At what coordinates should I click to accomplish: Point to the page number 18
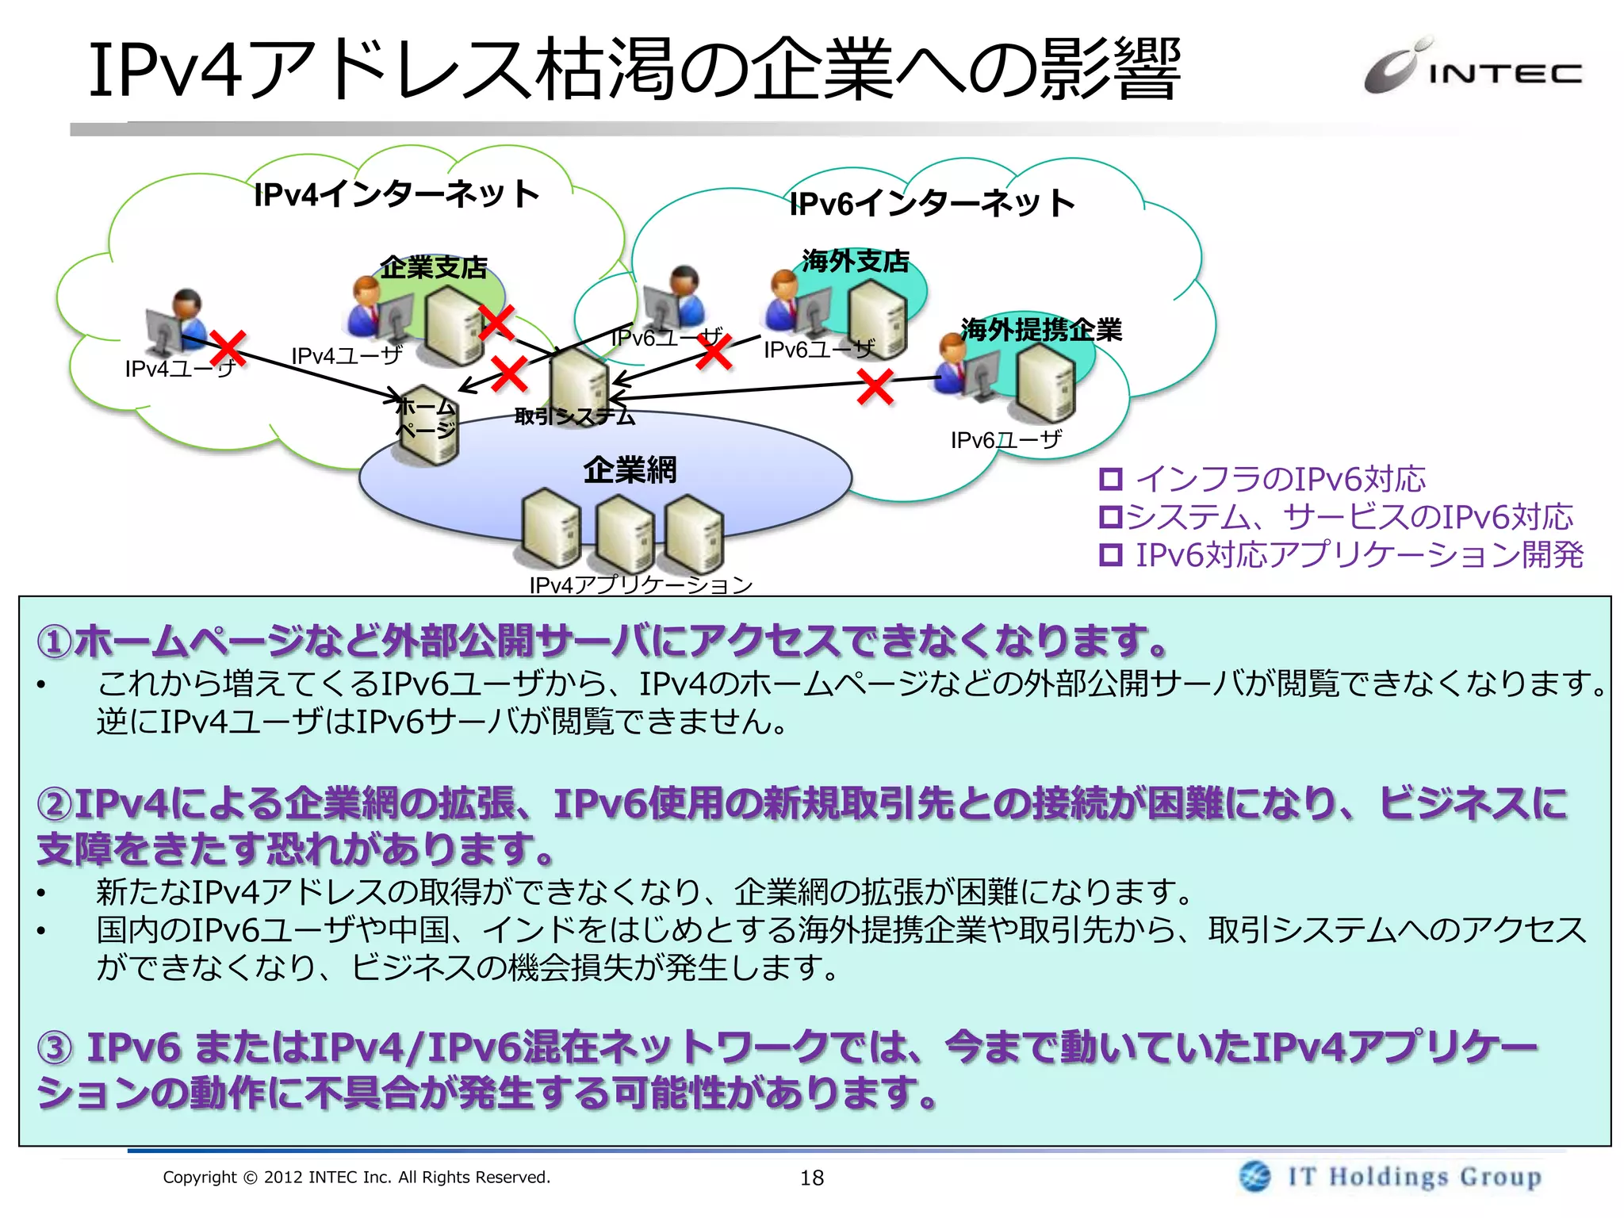(812, 1178)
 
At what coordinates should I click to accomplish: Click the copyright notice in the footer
(356, 1177)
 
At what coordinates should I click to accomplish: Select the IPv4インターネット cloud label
(396, 194)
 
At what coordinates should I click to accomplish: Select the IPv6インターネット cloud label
(933, 204)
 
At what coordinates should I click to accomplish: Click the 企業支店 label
(434, 267)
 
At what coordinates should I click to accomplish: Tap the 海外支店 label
(856, 261)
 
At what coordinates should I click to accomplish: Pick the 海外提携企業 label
(1041, 330)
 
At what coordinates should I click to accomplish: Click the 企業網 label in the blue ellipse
(630, 470)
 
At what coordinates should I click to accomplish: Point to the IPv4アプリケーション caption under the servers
(641, 585)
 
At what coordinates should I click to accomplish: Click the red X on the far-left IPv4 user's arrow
(228, 349)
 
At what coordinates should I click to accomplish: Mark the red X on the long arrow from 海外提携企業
(875, 388)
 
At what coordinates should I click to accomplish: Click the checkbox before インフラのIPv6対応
(1111, 479)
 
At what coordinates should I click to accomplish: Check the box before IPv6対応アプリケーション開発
(1111, 555)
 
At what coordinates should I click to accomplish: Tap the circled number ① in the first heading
(55, 642)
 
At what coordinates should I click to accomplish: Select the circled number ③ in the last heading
(55, 1048)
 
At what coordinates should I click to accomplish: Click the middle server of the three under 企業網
(624, 533)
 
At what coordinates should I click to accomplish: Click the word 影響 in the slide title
(1110, 70)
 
